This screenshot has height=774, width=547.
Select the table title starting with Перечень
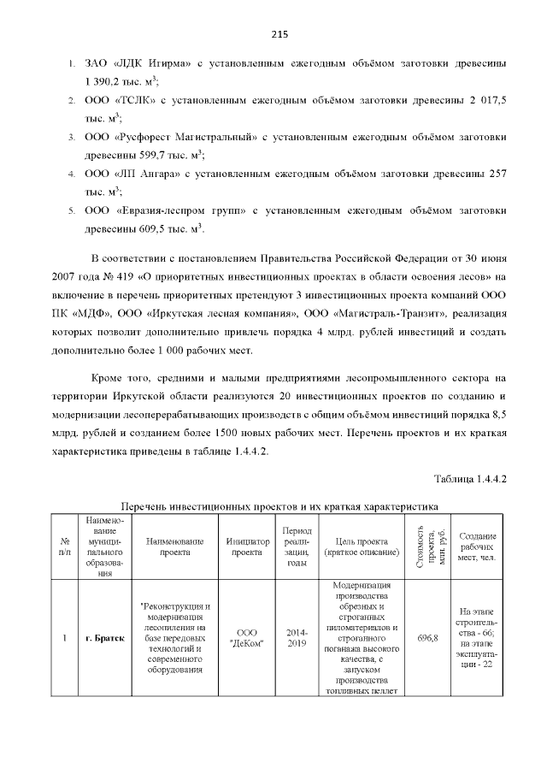pos(279,506)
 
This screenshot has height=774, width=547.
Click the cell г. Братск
pos(105,638)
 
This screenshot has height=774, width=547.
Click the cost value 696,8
pos(427,638)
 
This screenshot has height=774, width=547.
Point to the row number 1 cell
pos(64,638)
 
